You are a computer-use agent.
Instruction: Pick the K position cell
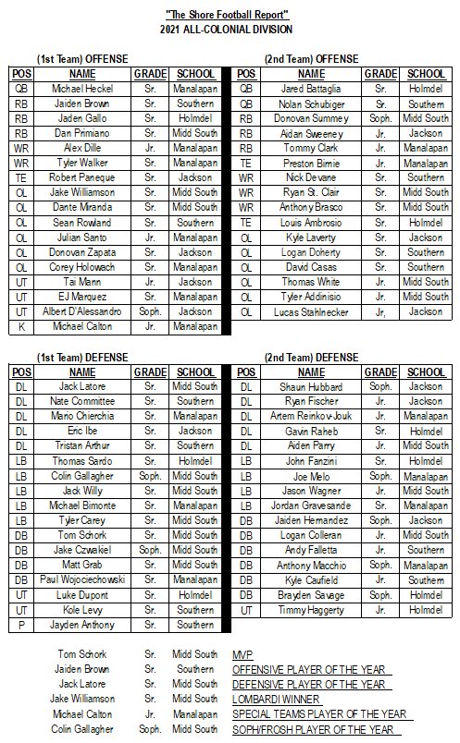pos(22,327)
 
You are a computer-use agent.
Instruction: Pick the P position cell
pos(22,624)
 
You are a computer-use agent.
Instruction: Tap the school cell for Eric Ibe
pos(194,431)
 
